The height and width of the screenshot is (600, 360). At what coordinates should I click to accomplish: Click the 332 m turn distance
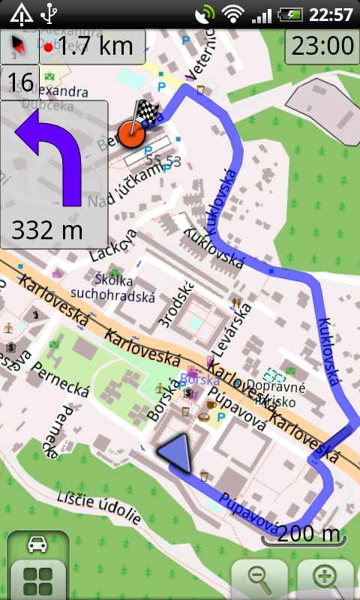46,229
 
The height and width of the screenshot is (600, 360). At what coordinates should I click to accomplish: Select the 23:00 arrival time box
322,46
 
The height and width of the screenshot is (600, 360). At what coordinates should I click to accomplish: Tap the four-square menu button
37,580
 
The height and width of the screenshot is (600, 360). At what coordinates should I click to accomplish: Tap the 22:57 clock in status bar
330,13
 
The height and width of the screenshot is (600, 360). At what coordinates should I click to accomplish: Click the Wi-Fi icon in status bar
235,13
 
